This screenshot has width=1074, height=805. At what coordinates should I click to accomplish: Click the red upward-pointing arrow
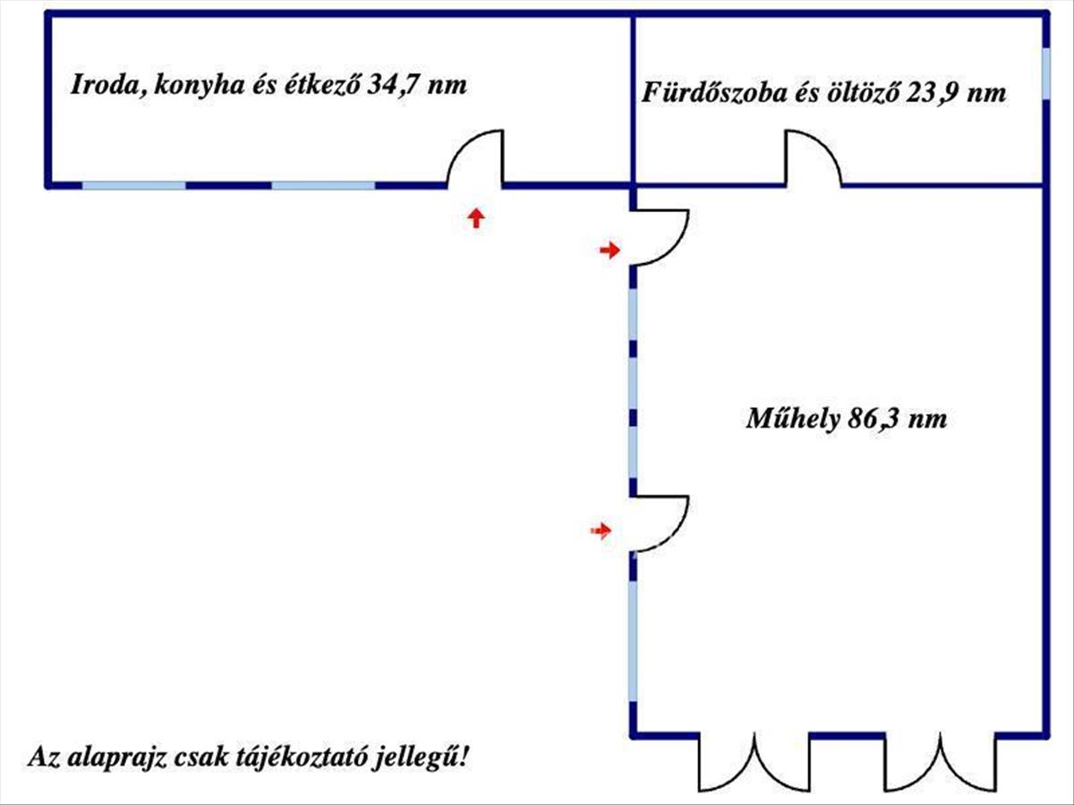tap(476, 217)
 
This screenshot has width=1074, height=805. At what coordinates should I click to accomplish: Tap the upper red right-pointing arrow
tap(609, 250)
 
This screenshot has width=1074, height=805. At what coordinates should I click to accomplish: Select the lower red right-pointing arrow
tap(601, 531)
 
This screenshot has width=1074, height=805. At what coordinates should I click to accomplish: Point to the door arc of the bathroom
tap(813, 159)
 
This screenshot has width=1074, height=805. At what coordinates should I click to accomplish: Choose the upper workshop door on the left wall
tap(660, 237)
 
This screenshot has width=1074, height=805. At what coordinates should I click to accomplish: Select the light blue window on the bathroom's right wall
tap(1045, 72)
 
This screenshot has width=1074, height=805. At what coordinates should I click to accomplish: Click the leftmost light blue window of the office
tap(133, 186)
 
